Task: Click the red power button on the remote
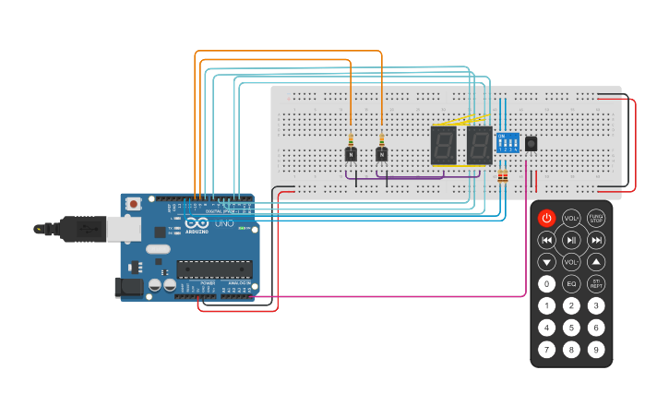tap(547, 219)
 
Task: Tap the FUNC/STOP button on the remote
tap(596, 219)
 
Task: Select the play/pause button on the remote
tap(572, 240)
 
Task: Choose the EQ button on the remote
tap(572, 284)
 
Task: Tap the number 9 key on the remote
tap(596, 350)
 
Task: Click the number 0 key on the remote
tap(547, 284)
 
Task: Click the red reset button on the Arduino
tap(134, 203)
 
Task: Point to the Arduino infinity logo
tap(196, 222)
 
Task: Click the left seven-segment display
tap(444, 145)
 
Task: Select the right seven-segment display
tap(479, 145)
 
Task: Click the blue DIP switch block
tap(508, 142)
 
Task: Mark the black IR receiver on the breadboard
tap(532, 143)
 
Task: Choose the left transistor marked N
tap(351, 154)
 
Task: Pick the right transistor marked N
tap(381, 154)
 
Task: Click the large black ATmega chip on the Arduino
tap(214, 269)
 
